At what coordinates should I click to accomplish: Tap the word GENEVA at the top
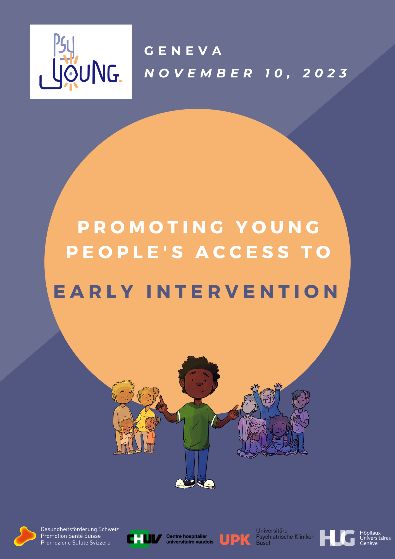pos(183,51)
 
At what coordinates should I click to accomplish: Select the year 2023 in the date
pos(325,73)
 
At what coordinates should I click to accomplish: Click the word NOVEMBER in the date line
pos(199,73)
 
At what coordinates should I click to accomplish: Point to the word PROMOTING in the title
pos(151,227)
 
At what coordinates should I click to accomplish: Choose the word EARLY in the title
pos(94,292)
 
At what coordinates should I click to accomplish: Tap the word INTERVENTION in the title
pos(242,292)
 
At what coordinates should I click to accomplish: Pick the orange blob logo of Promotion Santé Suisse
pos(25,536)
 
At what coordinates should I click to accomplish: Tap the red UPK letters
pos(235,540)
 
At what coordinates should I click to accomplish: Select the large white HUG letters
pos(337,538)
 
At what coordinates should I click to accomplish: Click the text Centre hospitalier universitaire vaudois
pos(190,539)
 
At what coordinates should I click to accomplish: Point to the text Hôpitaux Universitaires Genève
pos(375,538)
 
